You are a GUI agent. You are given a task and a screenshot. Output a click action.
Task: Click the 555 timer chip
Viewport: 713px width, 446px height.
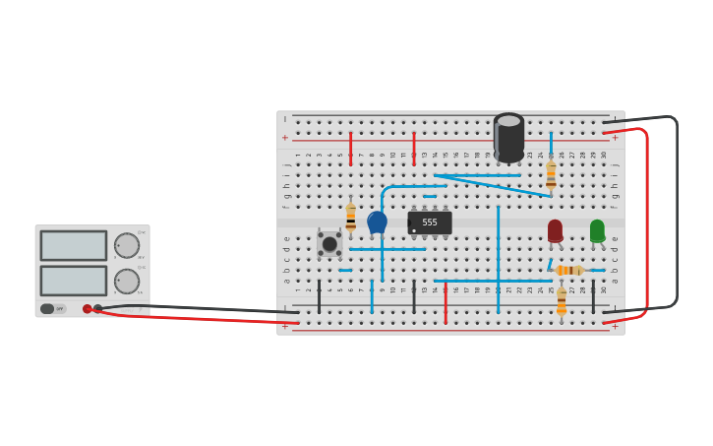click(x=430, y=223)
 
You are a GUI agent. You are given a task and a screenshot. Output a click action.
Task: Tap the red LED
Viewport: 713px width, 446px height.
click(x=555, y=230)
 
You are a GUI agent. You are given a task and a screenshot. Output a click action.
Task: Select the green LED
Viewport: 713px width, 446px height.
click(x=597, y=230)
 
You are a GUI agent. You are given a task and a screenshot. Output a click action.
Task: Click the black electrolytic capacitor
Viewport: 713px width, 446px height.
click(x=508, y=138)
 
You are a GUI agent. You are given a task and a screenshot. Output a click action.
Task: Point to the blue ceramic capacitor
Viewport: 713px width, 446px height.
click(x=377, y=223)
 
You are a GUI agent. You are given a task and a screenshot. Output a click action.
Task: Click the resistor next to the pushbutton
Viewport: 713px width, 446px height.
click(x=350, y=218)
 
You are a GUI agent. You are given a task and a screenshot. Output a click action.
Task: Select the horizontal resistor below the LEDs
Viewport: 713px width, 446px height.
click(x=568, y=270)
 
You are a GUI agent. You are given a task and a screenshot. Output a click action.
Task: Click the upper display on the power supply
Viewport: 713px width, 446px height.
click(x=74, y=245)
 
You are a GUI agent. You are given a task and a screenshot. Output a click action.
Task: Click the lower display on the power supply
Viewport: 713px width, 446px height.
click(x=74, y=280)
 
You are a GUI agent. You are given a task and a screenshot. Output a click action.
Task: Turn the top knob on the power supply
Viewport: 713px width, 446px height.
click(x=127, y=245)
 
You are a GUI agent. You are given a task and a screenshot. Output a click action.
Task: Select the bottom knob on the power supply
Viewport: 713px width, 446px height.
click(x=127, y=281)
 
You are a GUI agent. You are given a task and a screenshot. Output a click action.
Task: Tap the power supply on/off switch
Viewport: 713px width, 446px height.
click(x=47, y=308)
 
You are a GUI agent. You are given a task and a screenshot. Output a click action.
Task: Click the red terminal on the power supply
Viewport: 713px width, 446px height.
click(x=88, y=308)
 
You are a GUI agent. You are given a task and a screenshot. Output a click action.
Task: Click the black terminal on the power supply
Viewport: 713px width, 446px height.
click(x=97, y=308)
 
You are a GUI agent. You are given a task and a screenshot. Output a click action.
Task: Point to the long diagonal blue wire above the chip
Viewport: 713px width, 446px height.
click(x=492, y=186)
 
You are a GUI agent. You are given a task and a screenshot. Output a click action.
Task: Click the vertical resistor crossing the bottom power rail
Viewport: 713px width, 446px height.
click(x=562, y=301)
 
